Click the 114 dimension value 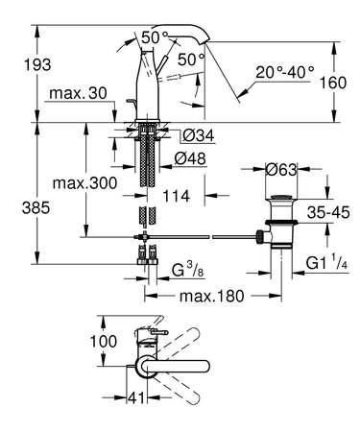pos(173,196)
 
